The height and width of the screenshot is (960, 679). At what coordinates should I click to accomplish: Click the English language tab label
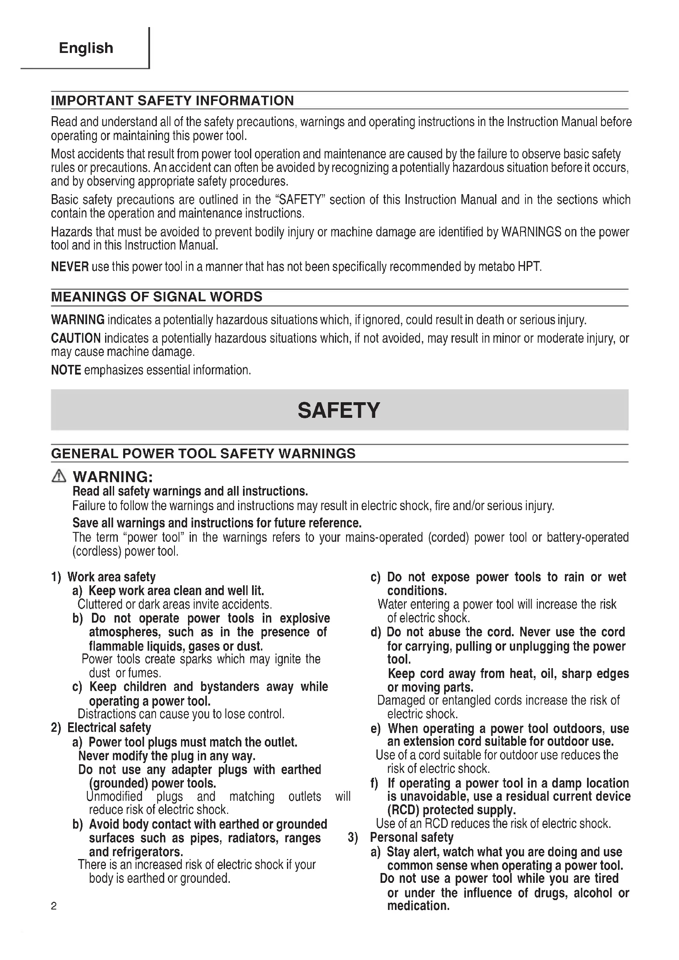(86, 48)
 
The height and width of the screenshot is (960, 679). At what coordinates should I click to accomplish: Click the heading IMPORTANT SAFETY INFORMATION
(172, 101)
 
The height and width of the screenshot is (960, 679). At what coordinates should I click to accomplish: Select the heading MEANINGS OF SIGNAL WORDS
(156, 297)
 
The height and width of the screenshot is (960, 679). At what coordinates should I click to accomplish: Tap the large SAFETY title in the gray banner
(339, 410)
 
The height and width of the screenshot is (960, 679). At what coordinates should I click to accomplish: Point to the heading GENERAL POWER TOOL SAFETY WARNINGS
(203, 454)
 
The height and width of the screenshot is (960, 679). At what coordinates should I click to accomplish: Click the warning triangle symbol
(59, 476)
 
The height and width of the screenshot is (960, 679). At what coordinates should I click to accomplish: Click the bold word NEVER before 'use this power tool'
(69, 267)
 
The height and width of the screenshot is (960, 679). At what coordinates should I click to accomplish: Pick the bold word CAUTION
(76, 338)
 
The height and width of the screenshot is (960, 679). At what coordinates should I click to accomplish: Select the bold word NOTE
(66, 371)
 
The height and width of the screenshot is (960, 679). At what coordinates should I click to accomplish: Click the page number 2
(54, 907)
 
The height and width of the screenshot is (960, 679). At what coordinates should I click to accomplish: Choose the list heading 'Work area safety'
(111, 577)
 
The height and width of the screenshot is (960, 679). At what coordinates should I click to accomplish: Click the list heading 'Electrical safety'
(109, 728)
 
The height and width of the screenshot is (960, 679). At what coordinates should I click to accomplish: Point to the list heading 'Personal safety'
(411, 838)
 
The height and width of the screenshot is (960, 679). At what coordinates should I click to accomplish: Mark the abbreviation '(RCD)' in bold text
(403, 810)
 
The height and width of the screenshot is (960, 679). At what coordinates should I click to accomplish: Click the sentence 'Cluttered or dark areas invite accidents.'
(175, 605)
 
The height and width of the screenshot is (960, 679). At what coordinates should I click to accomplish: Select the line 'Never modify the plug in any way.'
(167, 756)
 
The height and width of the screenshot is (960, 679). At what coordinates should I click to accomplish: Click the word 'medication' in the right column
(417, 906)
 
